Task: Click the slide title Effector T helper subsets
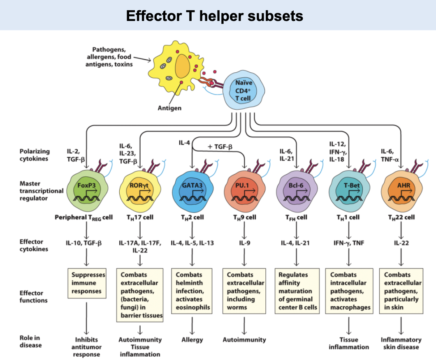pos(214,16)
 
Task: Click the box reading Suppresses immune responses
pos(87,283)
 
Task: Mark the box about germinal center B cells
pos(297,291)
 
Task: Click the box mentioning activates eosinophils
pos(192,291)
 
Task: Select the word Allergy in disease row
pos(192,340)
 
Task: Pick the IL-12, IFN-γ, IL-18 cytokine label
pos(339,152)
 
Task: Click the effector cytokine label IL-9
pos(244,243)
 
